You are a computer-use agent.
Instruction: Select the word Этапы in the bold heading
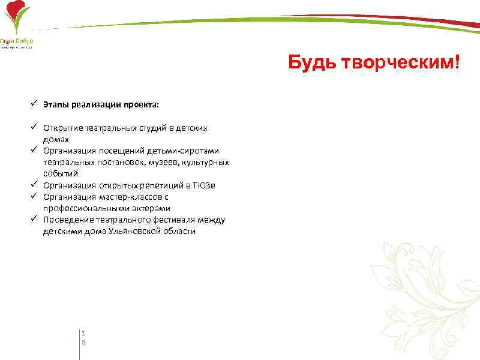56,104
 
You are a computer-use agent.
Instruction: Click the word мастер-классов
135,197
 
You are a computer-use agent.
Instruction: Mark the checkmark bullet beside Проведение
36,219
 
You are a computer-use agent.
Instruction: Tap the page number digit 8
84,342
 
